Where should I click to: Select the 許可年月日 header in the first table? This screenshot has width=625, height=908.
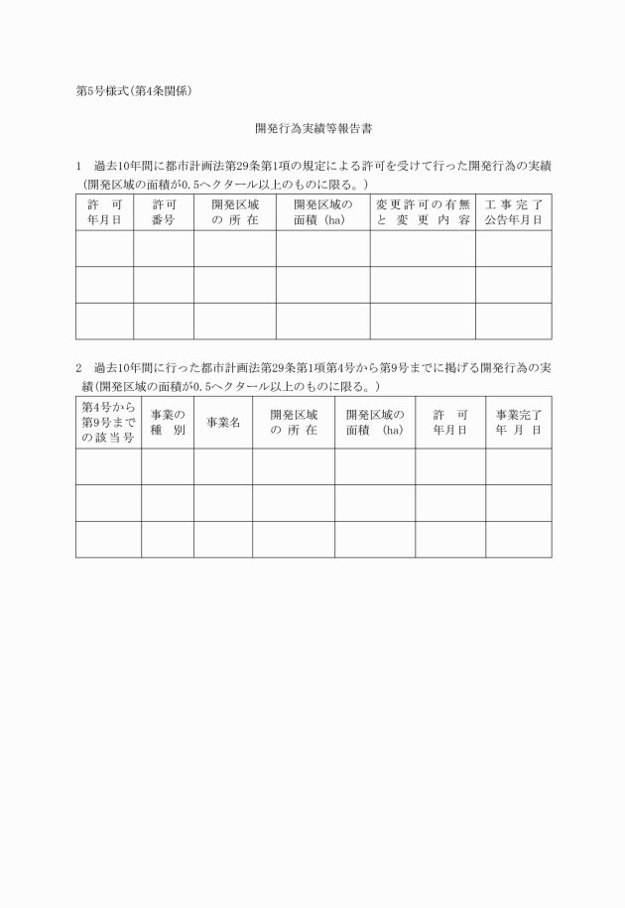[104, 212]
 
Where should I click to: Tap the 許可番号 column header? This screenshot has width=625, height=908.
[164, 212]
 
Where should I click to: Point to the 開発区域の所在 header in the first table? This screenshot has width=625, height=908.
[235, 212]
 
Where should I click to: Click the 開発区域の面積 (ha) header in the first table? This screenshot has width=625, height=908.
[323, 212]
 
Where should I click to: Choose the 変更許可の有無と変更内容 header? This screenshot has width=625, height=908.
[423, 212]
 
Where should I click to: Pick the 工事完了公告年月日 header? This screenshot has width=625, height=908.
[514, 212]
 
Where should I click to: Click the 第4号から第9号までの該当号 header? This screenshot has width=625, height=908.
[108, 422]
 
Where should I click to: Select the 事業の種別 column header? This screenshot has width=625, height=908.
[168, 422]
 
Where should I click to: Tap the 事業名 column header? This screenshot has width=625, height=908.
[223, 422]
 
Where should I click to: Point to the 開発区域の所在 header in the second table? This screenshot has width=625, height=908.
[294, 422]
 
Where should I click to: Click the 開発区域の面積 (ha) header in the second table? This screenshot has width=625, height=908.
[375, 422]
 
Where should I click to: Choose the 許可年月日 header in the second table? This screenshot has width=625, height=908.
[450, 422]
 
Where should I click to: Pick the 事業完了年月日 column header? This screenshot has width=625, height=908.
[519, 422]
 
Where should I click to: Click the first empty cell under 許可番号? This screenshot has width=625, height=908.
[164, 248]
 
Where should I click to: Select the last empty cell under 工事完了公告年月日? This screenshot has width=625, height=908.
[514, 321]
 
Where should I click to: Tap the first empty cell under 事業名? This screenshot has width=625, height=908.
[223, 466]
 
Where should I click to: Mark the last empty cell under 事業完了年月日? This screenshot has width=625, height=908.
[519, 539]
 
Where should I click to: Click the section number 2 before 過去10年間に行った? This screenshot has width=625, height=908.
[78, 368]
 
